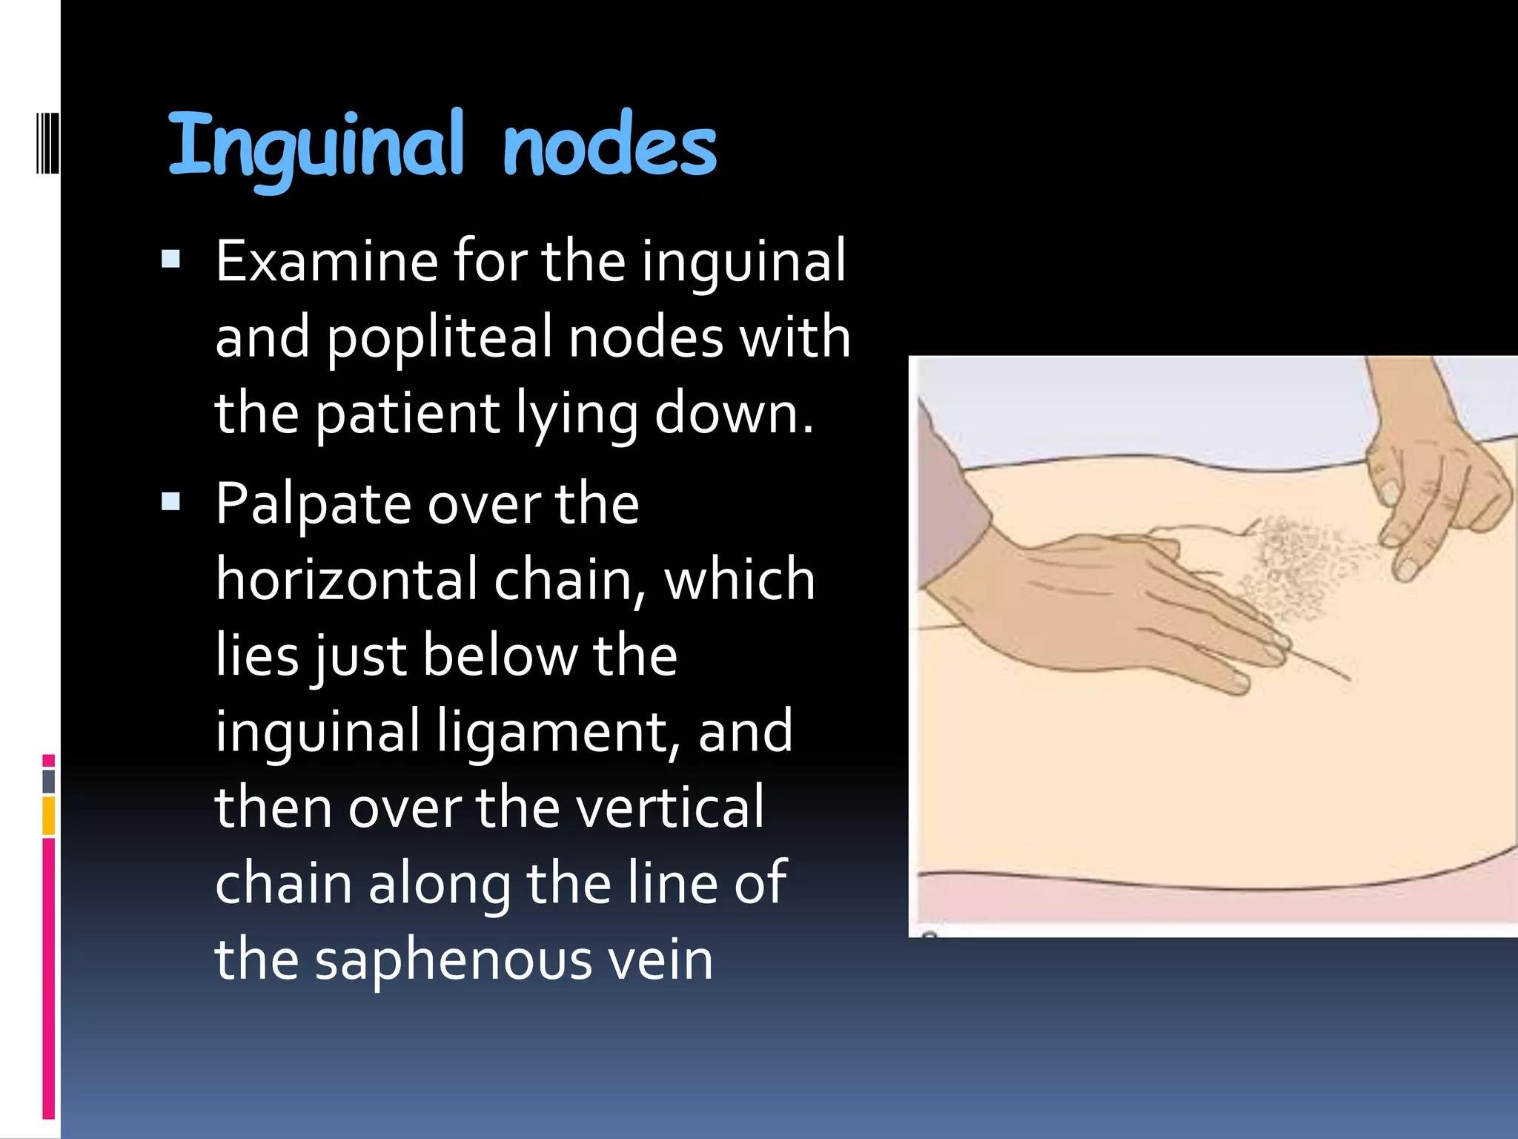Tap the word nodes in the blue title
point(609,146)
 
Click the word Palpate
point(313,505)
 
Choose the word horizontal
point(346,579)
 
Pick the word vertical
point(670,807)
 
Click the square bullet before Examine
point(171,258)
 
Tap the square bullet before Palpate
point(171,502)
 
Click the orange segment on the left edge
point(49,816)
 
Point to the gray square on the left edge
point(49,781)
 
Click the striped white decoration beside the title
point(47,143)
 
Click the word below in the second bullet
point(499,656)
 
